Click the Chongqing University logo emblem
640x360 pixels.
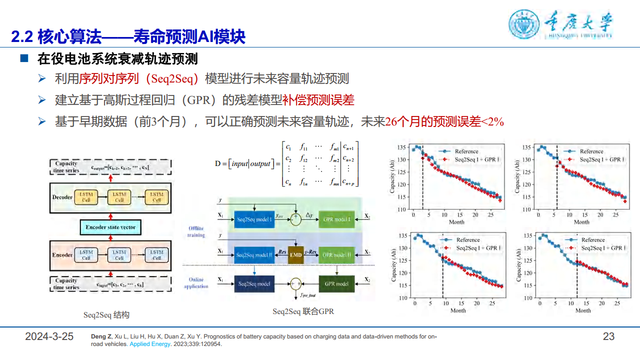(x=524, y=24)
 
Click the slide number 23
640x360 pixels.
(x=608, y=336)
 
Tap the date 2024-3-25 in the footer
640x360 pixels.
(x=49, y=336)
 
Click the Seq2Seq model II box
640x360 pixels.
(x=254, y=255)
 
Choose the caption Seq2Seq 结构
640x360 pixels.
(x=106, y=315)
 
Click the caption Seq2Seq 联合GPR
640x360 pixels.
(x=303, y=311)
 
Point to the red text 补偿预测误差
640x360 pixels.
(x=325, y=100)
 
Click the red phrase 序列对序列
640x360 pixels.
(x=103, y=79)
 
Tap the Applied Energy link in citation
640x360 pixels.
(x=149, y=344)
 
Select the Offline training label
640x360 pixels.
(x=196, y=231)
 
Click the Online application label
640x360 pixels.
(x=196, y=283)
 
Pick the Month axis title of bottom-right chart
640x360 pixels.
(x=582, y=310)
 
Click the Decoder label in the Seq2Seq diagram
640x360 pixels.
(x=62, y=197)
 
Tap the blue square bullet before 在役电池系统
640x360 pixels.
(x=23, y=59)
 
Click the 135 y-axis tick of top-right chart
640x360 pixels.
(x=526, y=147)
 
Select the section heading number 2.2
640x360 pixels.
(x=22, y=37)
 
